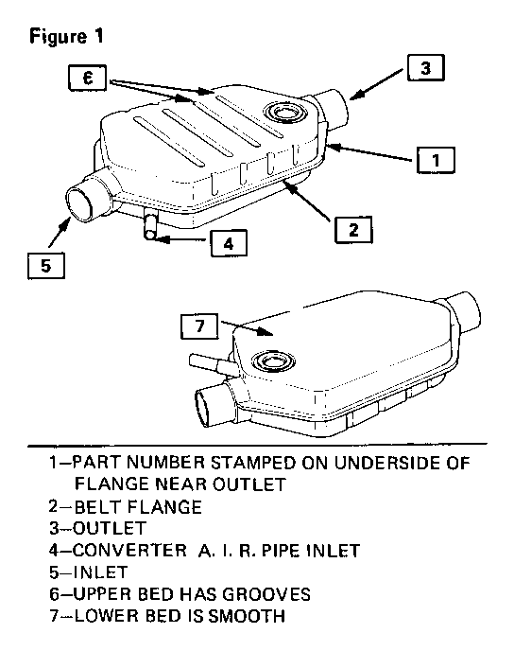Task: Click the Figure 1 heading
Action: tap(66, 37)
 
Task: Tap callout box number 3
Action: tap(426, 68)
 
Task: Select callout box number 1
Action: tap(436, 160)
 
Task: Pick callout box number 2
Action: tap(353, 229)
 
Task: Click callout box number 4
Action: tap(229, 243)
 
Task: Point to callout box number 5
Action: tap(46, 266)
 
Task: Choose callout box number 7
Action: tap(199, 325)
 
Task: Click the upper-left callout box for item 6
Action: tap(88, 78)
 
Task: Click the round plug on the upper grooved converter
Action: tap(284, 112)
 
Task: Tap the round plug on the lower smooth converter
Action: tap(273, 361)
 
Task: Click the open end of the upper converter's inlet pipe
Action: tap(81, 203)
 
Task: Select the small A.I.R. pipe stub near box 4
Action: tap(151, 224)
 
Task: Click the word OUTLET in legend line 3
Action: tap(110, 528)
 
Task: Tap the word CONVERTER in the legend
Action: tap(129, 550)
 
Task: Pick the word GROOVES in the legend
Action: tap(266, 594)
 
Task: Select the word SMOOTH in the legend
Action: tap(247, 616)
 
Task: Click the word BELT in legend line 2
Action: tap(98, 506)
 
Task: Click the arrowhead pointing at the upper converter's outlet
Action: tap(355, 95)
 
